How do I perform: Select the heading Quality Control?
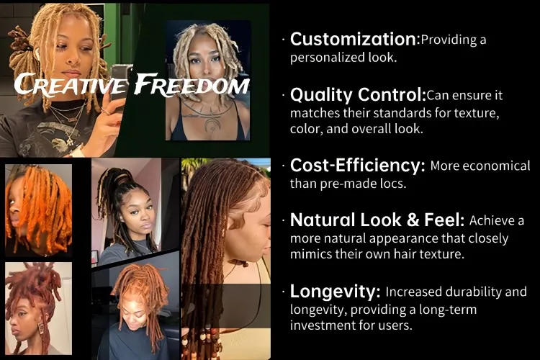(x=358, y=95)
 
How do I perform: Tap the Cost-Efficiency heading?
(x=357, y=166)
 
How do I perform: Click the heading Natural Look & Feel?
(x=377, y=220)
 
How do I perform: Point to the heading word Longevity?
(x=335, y=292)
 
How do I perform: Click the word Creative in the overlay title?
(x=71, y=84)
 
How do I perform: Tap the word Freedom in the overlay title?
(x=192, y=84)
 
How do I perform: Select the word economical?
(x=497, y=166)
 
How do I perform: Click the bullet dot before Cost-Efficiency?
(x=283, y=166)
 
